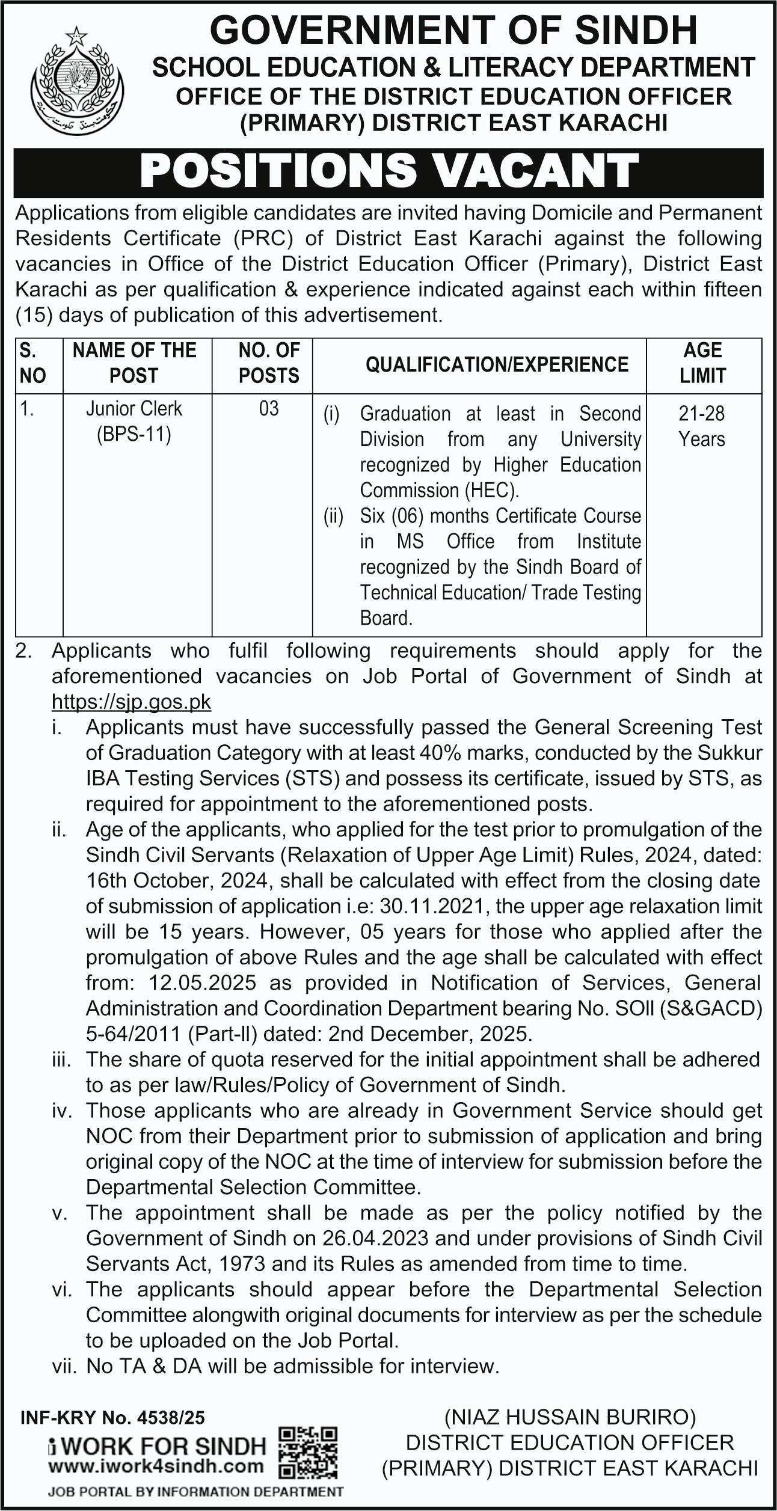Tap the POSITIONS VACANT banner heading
388,171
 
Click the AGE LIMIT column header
702,363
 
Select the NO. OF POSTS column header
269,363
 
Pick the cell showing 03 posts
269,409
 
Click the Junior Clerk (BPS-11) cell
134,421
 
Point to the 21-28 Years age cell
702,426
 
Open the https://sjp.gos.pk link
132,702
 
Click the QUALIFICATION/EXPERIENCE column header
497,364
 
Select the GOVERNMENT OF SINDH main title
453,30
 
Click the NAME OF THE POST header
134,363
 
